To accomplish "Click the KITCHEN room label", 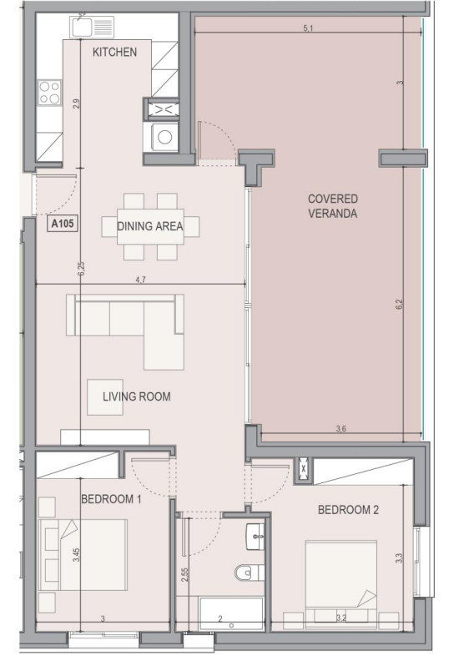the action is tap(114, 53).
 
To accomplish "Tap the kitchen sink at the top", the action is tap(93, 26).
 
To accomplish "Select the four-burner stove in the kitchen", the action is tap(49, 93).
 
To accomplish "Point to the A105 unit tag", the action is tap(63, 224).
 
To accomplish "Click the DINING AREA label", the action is tap(150, 226).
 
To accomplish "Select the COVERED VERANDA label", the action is tap(332, 206).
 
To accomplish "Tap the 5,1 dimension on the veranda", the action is tap(308, 28).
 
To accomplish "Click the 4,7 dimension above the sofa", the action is tap(141, 280).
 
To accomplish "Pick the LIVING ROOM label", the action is tap(137, 396).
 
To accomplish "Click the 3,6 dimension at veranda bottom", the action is tap(341, 429).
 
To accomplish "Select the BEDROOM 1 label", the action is tap(111, 500).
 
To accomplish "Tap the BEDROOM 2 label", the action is tap(348, 510).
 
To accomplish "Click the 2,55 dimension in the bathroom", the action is tap(184, 575).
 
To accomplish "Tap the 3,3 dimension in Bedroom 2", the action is tap(400, 558).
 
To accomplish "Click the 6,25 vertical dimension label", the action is tap(81, 269).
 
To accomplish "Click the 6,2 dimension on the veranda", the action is tap(400, 305).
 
